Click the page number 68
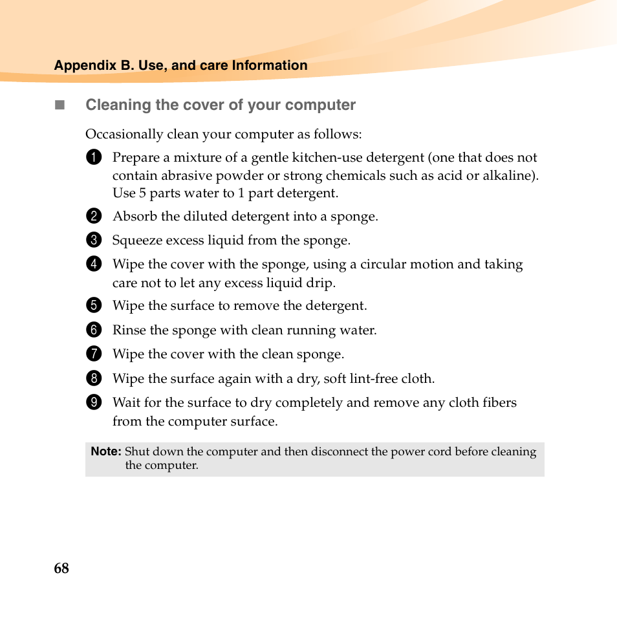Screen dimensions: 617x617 (x=61, y=568)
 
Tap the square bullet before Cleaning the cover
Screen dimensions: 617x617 (x=60, y=105)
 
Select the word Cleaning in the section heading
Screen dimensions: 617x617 (x=114, y=105)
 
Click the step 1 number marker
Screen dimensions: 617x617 (x=94, y=158)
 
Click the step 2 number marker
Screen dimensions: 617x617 (x=94, y=216)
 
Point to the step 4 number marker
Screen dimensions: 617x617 (x=94, y=264)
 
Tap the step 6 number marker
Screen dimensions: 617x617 (x=94, y=330)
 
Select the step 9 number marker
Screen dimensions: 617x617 (x=94, y=402)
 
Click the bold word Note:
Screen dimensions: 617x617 (x=106, y=451)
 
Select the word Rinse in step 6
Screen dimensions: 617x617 (x=129, y=330)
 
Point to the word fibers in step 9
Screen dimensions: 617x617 (x=499, y=402)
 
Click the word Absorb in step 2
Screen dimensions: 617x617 (x=135, y=216)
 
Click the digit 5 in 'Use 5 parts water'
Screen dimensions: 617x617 (x=142, y=193)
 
